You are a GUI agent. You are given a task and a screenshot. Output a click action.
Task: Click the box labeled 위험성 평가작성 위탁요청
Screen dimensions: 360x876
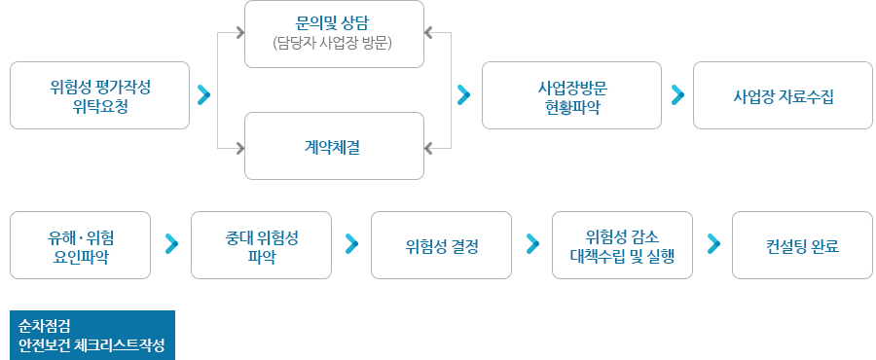[x=100, y=96]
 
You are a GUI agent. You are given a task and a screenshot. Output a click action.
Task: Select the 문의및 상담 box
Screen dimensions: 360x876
[x=334, y=34]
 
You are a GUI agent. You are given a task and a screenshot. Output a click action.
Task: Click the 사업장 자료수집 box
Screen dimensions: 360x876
[x=784, y=96]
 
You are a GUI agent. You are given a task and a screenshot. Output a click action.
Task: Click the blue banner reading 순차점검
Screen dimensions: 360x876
[x=92, y=335]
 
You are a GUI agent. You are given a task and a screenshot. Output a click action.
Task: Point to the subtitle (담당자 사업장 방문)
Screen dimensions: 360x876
[x=334, y=43]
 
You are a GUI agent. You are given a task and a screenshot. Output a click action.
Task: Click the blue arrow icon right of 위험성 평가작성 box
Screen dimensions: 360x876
[x=204, y=95]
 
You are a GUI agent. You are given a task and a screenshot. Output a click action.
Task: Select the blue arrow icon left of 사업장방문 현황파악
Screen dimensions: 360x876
[x=464, y=95]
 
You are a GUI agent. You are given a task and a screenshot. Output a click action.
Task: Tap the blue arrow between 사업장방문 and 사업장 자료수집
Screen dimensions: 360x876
[x=678, y=95]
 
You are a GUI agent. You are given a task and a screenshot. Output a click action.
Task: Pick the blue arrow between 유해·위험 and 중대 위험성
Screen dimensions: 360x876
[x=171, y=243]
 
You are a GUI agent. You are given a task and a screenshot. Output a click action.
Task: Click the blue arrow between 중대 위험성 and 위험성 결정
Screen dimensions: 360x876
[x=352, y=243]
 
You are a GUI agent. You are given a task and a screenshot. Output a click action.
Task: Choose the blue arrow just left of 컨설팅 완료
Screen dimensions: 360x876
[x=713, y=243]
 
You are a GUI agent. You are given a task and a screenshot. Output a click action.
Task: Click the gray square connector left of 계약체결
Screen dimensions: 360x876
[x=239, y=147]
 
